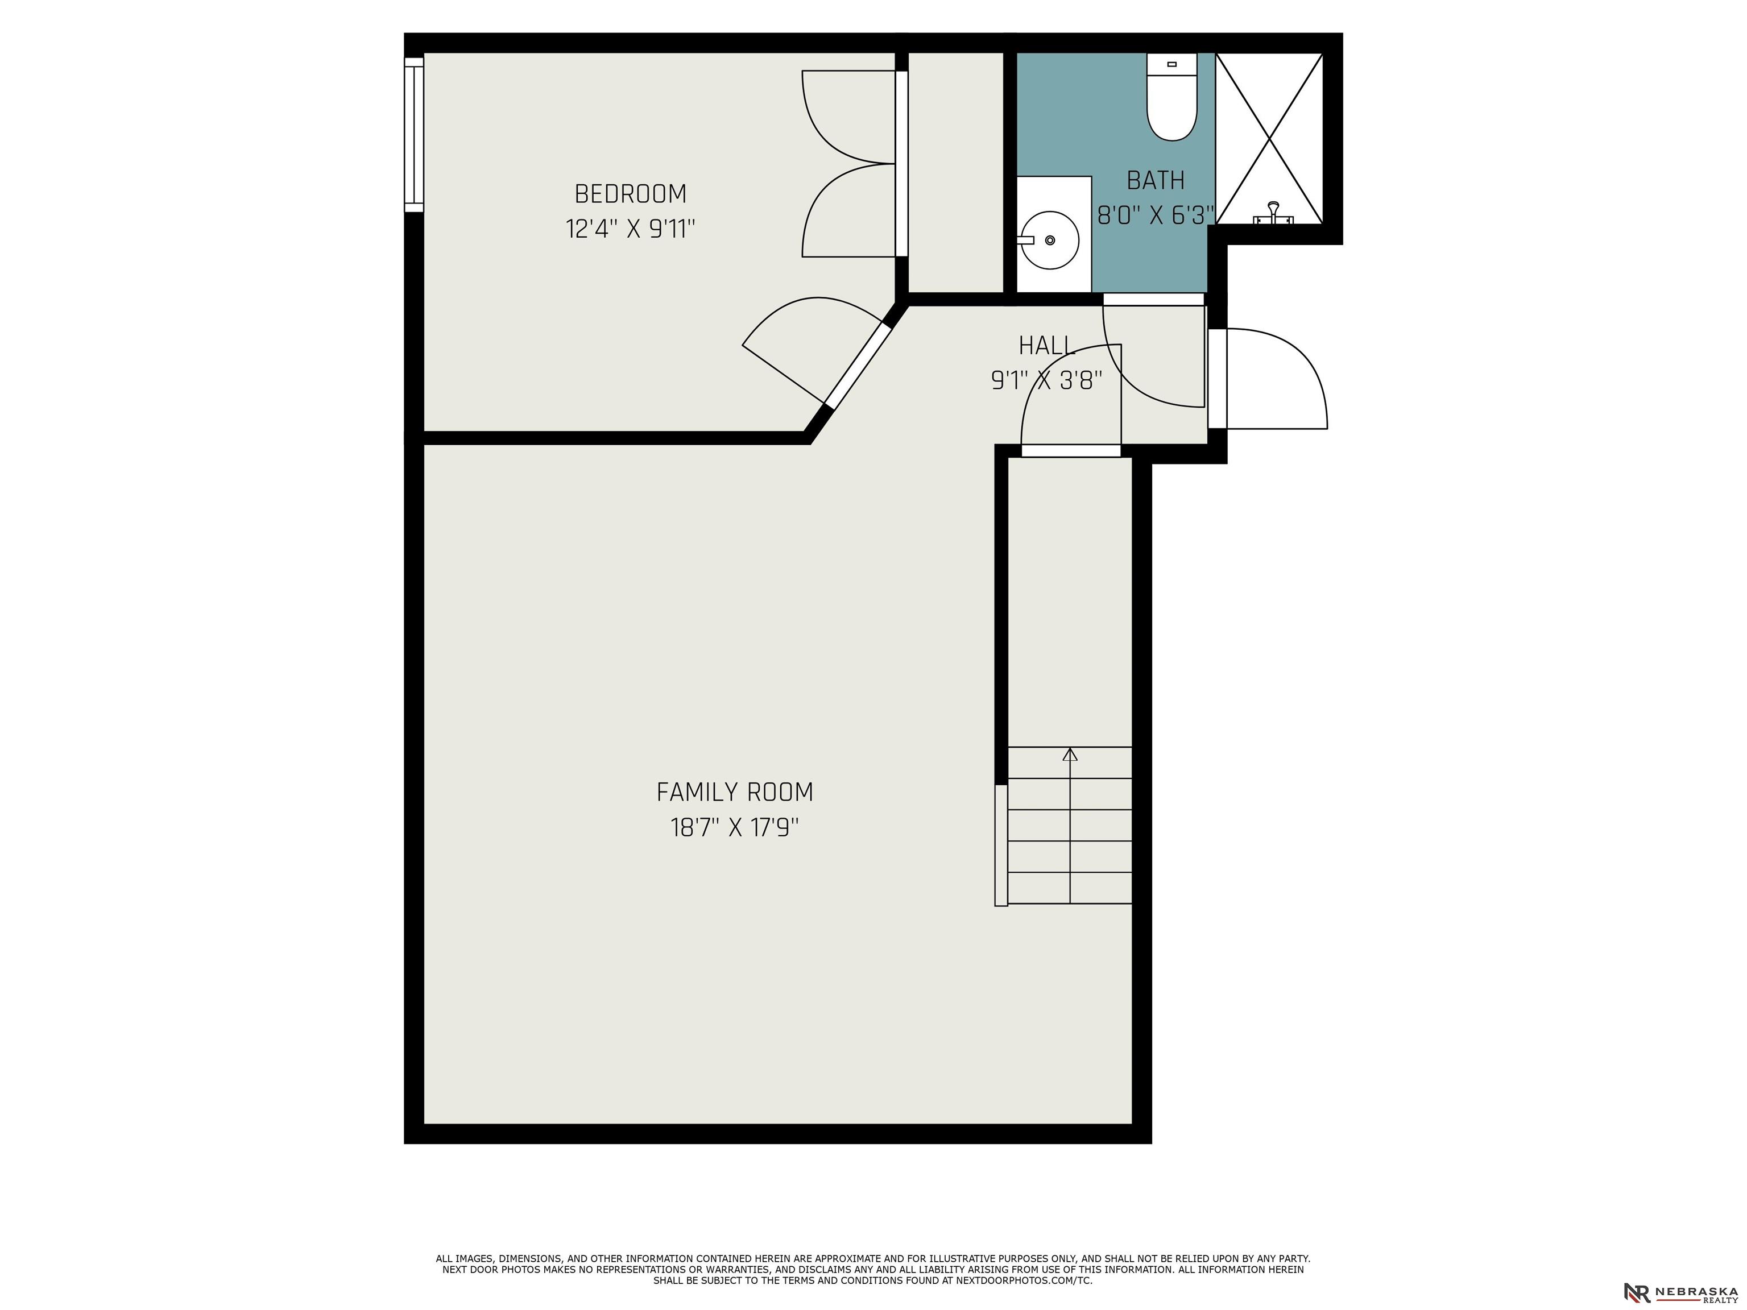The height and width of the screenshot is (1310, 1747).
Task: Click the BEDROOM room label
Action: pos(630,193)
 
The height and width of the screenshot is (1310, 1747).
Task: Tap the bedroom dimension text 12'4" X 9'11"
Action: pos(630,229)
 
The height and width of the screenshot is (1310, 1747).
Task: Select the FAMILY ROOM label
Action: pos(735,792)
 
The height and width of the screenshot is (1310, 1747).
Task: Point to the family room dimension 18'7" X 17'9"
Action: pos(735,827)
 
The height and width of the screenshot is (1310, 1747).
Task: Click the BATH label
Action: pos(1156,181)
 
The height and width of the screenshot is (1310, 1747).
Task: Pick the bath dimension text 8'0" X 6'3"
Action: pos(1156,215)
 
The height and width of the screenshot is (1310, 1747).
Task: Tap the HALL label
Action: pos(1046,346)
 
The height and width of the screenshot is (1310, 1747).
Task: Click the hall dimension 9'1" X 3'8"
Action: pos(1046,380)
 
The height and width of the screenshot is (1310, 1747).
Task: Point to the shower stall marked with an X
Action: pos(1269,138)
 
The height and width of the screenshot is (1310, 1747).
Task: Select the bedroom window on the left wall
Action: pos(414,134)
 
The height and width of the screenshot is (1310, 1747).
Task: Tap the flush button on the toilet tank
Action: pos(1172,64)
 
